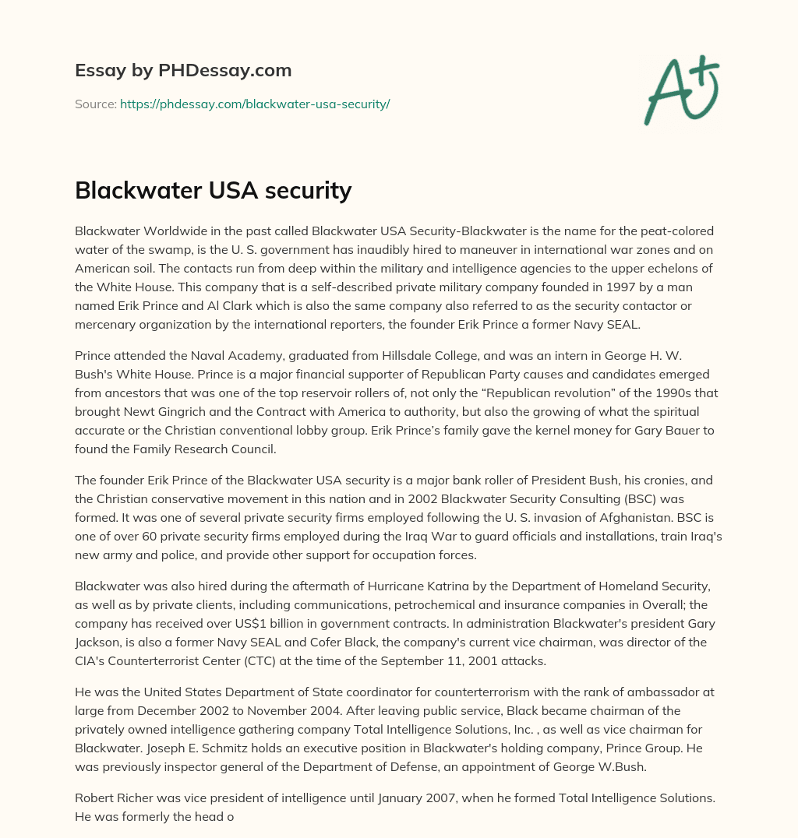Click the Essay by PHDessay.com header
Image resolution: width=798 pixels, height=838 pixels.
[x=183, y=71]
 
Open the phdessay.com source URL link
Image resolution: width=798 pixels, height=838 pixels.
[x=255, y=104]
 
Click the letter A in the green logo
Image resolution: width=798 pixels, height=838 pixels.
[x=668, y=92]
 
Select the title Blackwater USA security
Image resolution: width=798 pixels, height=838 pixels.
[x=213, y=190]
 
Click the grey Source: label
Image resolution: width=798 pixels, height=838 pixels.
[x=96, y=104]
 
